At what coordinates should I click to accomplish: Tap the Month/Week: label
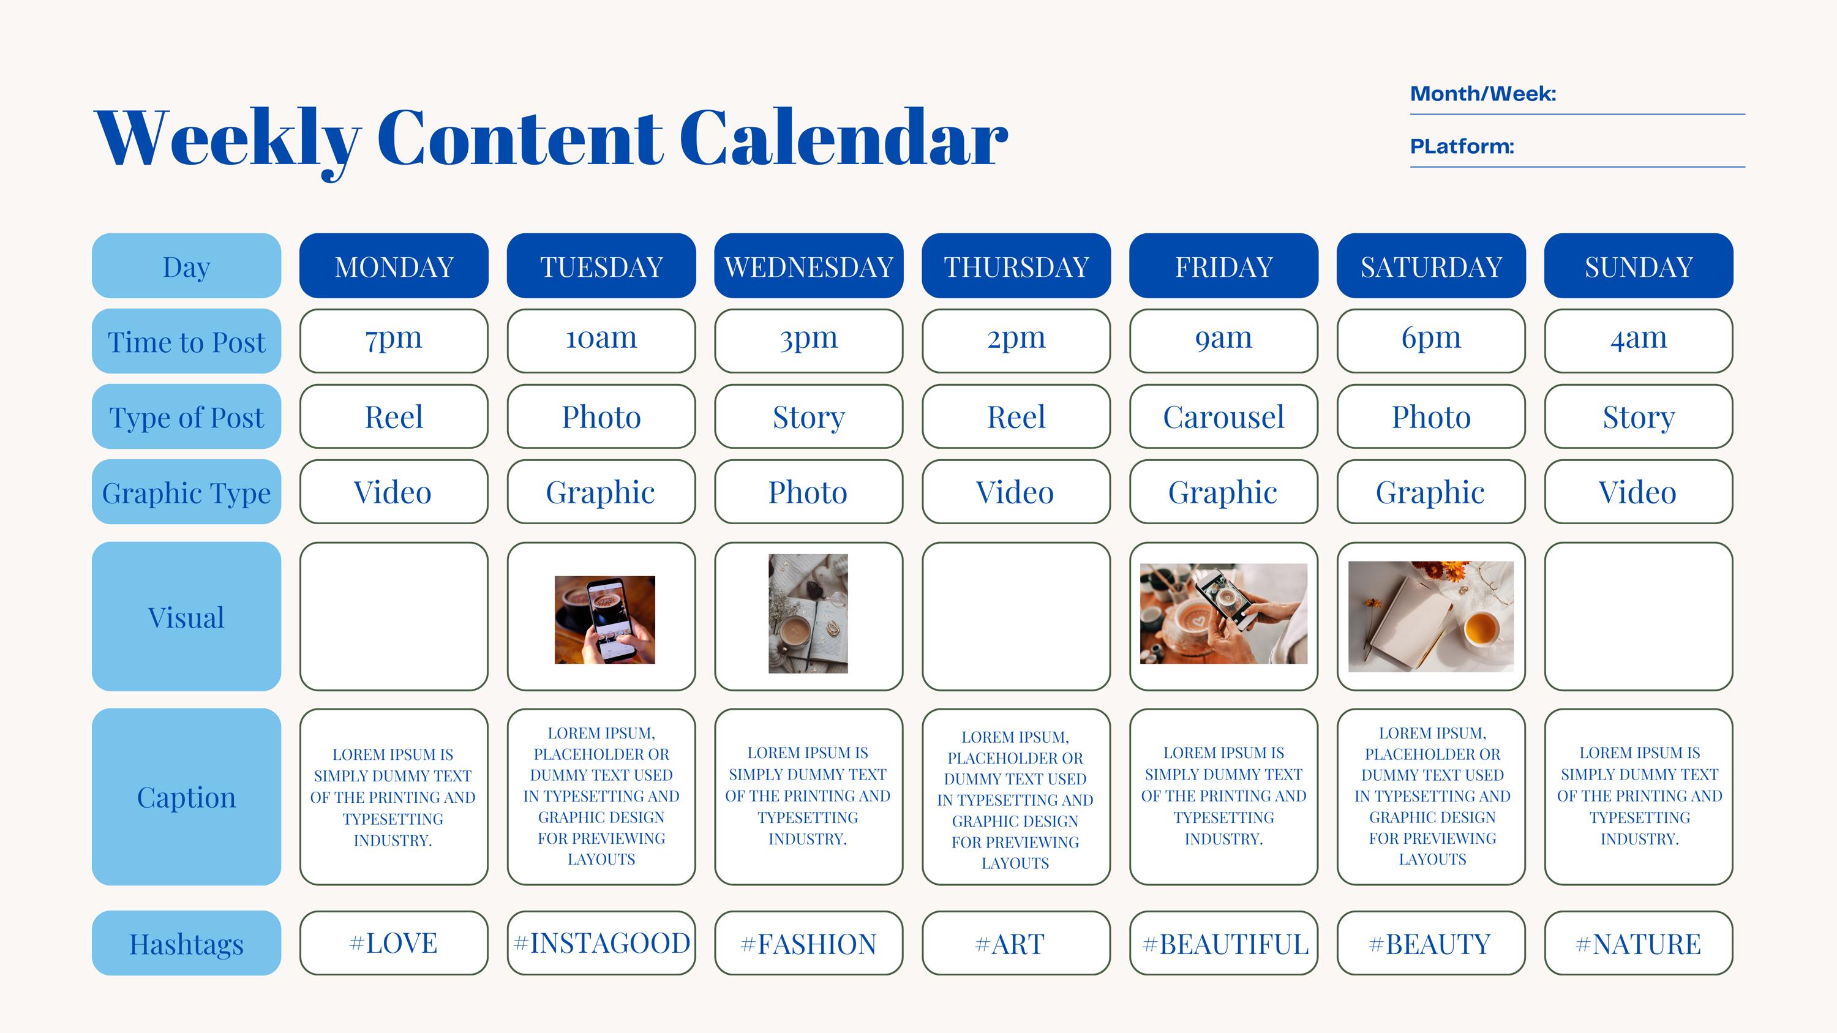tap(1482, 94)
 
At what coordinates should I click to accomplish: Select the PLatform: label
tap(1461, 146)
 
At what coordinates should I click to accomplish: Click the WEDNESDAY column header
tap(809, 266)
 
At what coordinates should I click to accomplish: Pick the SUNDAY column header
tap(1638, 266)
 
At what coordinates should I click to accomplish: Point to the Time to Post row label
tap(186, 342)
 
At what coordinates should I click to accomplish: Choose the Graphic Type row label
tap(186, 492)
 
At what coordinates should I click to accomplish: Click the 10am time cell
tap(601, 339)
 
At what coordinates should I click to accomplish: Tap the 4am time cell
tap(1638, 339)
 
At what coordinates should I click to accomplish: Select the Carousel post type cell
tap(1223, 417)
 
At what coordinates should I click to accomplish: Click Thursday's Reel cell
tap(1015, 417)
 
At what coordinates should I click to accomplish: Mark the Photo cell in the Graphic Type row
tap(808, 492)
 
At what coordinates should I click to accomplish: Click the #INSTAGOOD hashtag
tap(601, 942)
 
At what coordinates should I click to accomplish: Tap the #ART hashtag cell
tap(1015, 943)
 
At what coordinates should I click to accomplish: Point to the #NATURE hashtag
tap(1638, 943)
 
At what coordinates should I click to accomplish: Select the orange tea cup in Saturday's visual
tap(1481, 628)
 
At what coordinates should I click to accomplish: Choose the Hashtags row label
tap(186, 943)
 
